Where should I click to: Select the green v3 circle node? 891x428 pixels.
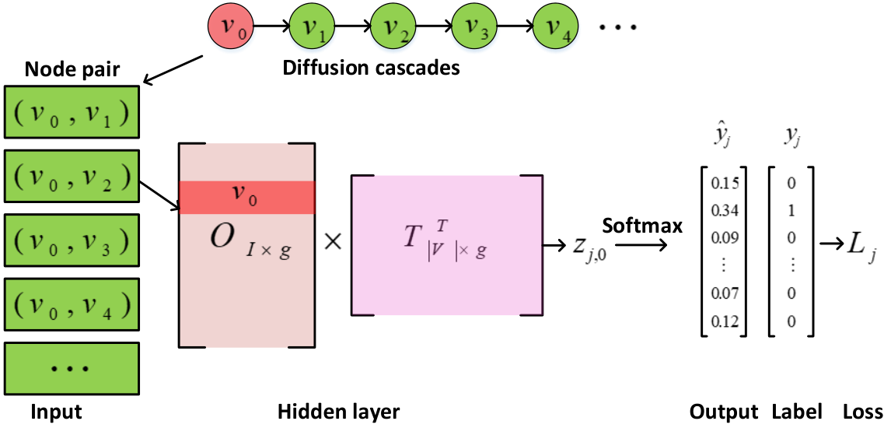click(x=474, y=26)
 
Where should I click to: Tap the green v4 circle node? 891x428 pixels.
click(x=555, y=26)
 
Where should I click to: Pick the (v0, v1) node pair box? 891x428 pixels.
click(x=72, y=112)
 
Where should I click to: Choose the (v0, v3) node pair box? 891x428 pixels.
click(x=72, y=241)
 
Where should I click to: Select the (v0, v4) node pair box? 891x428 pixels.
click(x=72, y=305)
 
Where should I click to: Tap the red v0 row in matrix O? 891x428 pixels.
click(x=246, y=198)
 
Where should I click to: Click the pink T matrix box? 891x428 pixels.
click(x=446, y=245)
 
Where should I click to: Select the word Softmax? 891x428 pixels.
click(x=642, y=226)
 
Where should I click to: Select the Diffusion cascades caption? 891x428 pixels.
click(x=371, y=68)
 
